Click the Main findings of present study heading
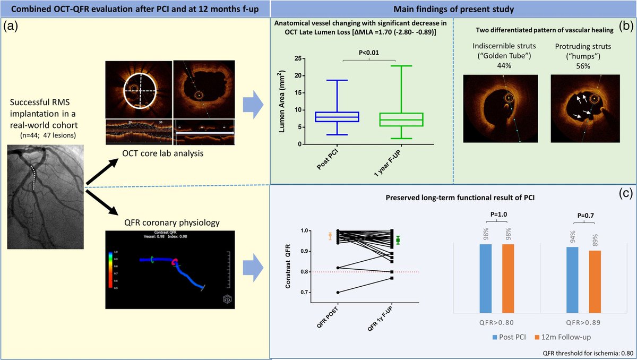[x=453, y=9]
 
